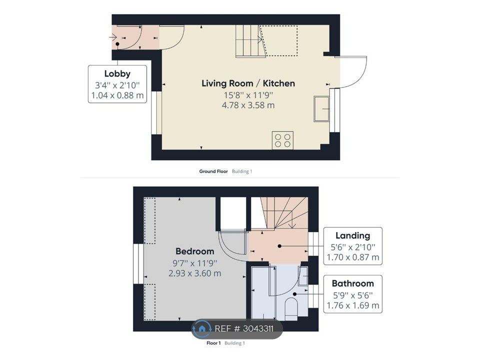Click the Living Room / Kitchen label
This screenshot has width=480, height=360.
click(x=248, y=83)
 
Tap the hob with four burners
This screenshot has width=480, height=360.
click(x=282, y=140)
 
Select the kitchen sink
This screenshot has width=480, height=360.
click(x=321, y=108)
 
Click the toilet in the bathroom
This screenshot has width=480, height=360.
click(x=291, y=308)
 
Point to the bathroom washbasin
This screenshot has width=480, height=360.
click(x=303, y=276)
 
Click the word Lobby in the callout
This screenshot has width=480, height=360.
click(x=117, y=74)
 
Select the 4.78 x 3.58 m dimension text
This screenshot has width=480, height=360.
click(x=248, y=105)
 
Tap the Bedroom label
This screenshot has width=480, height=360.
click(x=194, y=251)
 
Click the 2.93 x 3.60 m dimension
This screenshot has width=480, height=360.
click(x=194, y=273)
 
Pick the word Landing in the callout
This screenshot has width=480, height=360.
click(x=353, y=235)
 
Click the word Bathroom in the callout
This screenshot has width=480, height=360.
click(x=353, y=283)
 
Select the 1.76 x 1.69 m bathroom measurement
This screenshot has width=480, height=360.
click(x=353, y=305)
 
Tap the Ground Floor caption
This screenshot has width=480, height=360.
click(x=213, y=171)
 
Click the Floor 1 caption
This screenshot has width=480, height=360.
click(x=213, y=343)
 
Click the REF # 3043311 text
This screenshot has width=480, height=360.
click(x=244, y=329)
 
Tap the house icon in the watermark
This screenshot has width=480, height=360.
click(x=201, y=329)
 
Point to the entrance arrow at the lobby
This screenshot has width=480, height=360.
click(x=113, y=37)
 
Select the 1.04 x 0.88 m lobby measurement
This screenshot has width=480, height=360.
click(x=117, y=95)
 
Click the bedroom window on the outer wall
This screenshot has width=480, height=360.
click(x=138, y=263)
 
